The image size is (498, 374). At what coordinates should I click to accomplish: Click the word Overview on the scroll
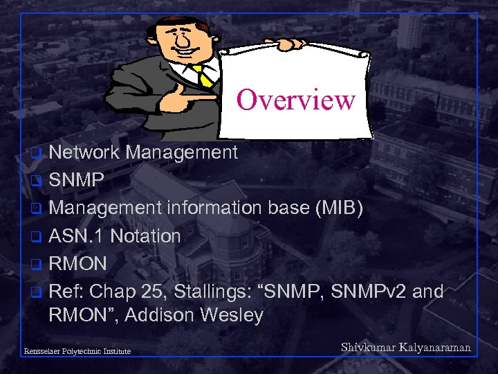click(x=295, y=100)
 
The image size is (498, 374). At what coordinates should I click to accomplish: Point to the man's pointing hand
click(x=194, y=99)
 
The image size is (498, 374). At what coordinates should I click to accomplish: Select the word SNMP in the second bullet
click(x=77, y=180)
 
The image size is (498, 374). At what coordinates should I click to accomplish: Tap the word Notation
click(x=145, y=236)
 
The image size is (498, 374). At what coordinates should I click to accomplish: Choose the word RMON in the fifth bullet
click(x=77, y=264)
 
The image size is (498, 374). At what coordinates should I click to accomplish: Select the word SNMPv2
click(x=370, y=292)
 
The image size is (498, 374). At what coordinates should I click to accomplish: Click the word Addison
click(x=163, y=316)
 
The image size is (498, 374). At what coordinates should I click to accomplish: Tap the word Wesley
click(x=232, y=316)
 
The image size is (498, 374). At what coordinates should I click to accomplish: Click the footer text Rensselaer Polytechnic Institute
click(x=77, y=352)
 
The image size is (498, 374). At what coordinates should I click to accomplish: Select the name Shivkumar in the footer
click(x=369, y=348)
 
